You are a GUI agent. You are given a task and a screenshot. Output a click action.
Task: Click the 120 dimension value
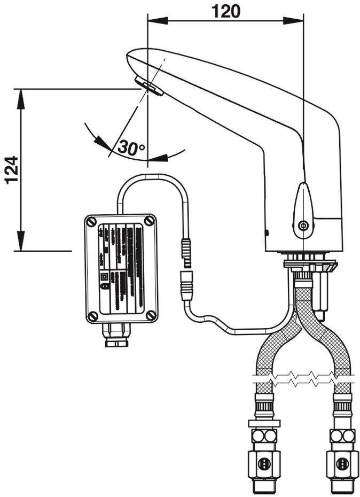pos(225,10)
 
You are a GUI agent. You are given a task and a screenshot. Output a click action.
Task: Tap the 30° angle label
pos(131,148)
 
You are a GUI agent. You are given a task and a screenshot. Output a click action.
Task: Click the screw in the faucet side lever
pos(303,226)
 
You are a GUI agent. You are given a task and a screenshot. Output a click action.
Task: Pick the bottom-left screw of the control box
pos(92,316)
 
